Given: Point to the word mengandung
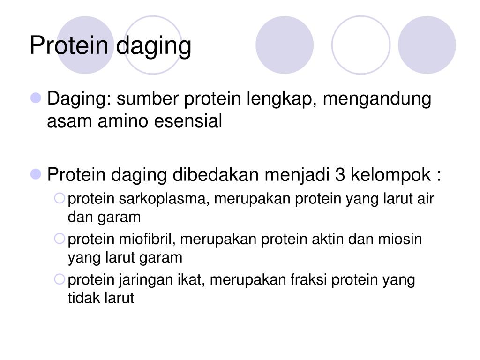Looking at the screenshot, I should click(377, 99).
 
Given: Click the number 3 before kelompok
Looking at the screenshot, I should click(340, 175).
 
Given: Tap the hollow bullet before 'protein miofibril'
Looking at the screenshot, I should click(60, 239).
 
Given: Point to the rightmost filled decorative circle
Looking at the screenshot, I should click(427, 45).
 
